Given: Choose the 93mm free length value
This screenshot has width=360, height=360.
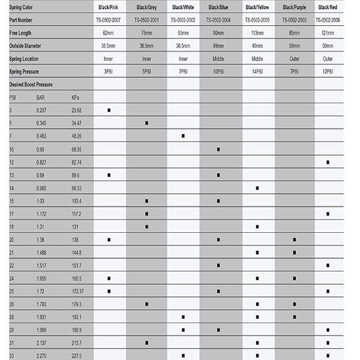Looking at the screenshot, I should click(183, 33).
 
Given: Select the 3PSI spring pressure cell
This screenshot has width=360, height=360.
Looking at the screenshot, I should click(109, 71).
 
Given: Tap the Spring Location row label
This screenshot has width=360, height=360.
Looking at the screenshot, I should click(23, 59).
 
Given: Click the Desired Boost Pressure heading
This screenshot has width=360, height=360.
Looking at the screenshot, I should click(31, 85).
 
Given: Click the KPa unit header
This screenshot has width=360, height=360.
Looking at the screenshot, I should click(75, 97).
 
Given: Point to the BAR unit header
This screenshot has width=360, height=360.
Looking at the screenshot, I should click(41, 97).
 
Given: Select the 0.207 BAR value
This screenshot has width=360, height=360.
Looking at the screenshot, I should click(41, 110).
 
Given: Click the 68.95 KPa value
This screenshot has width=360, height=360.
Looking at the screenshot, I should click(76, 149).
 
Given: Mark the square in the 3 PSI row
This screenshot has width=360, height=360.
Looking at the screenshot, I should click(109, 110).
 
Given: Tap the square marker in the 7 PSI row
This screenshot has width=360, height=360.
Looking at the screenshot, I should click(183, 136).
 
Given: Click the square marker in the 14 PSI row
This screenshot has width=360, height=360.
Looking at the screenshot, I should click(257, 188).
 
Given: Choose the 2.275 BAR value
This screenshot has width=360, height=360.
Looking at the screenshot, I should click(41, 356).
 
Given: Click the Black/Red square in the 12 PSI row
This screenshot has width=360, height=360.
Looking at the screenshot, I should click(328, 162).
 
